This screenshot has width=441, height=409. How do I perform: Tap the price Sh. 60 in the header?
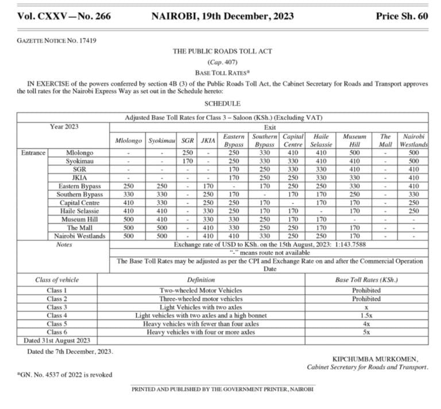pyautogui.click(x=402, y=16)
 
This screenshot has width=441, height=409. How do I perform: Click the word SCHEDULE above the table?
pyautogui.click(x=222, y=103)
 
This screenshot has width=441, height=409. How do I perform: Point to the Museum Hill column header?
pyautogui.click(x=354, y=141)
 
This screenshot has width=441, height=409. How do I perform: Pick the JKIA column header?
pyautogui.click(x=208, y=141)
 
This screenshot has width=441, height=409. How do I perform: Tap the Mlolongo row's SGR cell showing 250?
pyautogui.click(x=188, y=153)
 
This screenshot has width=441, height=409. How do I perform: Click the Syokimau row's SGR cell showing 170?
pyautogui.click(x=188, y=161)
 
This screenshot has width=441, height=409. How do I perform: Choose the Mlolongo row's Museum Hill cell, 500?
pyautogui.click(x=354, y=153)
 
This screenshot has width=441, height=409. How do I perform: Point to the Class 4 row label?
pyautogui.click(x=57, y=315)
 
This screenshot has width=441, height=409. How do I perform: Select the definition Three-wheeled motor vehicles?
pyautogui.click(x=200, y=299)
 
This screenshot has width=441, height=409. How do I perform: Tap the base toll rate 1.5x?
pyautogui.click(x=366, y=315)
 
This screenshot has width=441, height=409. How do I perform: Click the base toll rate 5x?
pyautogui.click(x=366, y=332)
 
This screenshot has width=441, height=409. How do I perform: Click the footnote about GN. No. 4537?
pyautogui.click(x=64, y=375)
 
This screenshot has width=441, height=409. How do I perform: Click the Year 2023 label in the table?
pyautogui.click(x=64, y=126)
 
